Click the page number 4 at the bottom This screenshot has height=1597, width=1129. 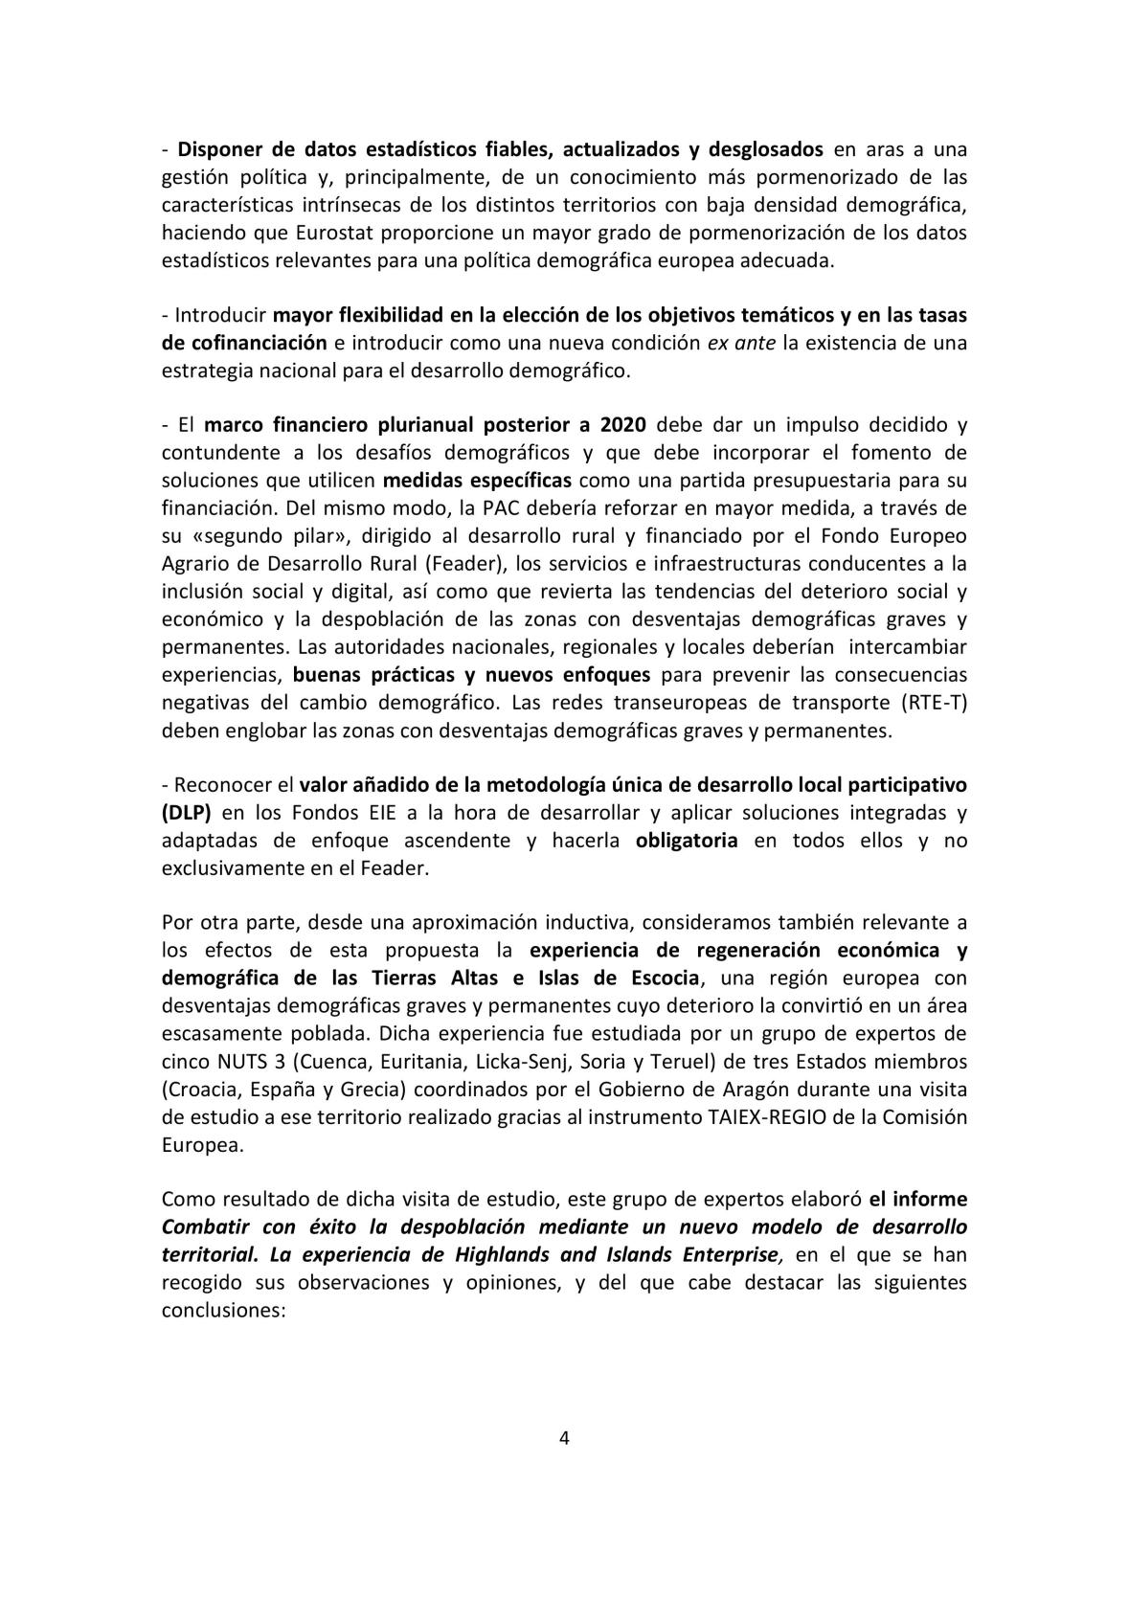point(564,1438)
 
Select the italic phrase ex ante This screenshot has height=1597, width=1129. point(741,343)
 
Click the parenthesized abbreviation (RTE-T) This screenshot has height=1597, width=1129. point(934,702)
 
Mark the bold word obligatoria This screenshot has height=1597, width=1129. point(687,840)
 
